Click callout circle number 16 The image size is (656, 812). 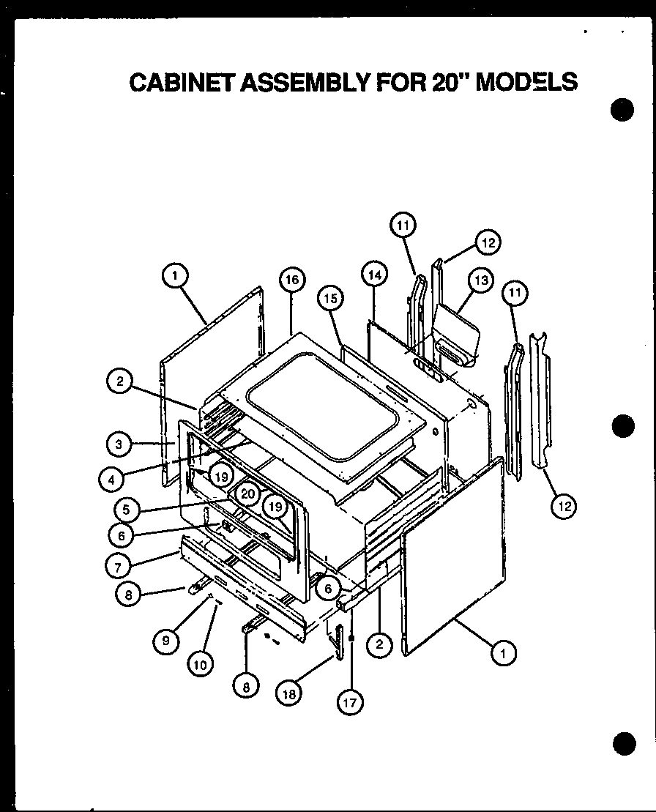291,280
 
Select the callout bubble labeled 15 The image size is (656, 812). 330,298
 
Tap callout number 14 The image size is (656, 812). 373,275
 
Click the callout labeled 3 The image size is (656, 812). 118,444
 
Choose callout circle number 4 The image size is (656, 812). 112,480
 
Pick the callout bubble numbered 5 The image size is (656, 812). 127,506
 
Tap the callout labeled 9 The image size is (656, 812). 166,641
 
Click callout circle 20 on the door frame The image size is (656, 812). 247,494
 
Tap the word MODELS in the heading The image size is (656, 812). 526,81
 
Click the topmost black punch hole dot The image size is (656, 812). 622,111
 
